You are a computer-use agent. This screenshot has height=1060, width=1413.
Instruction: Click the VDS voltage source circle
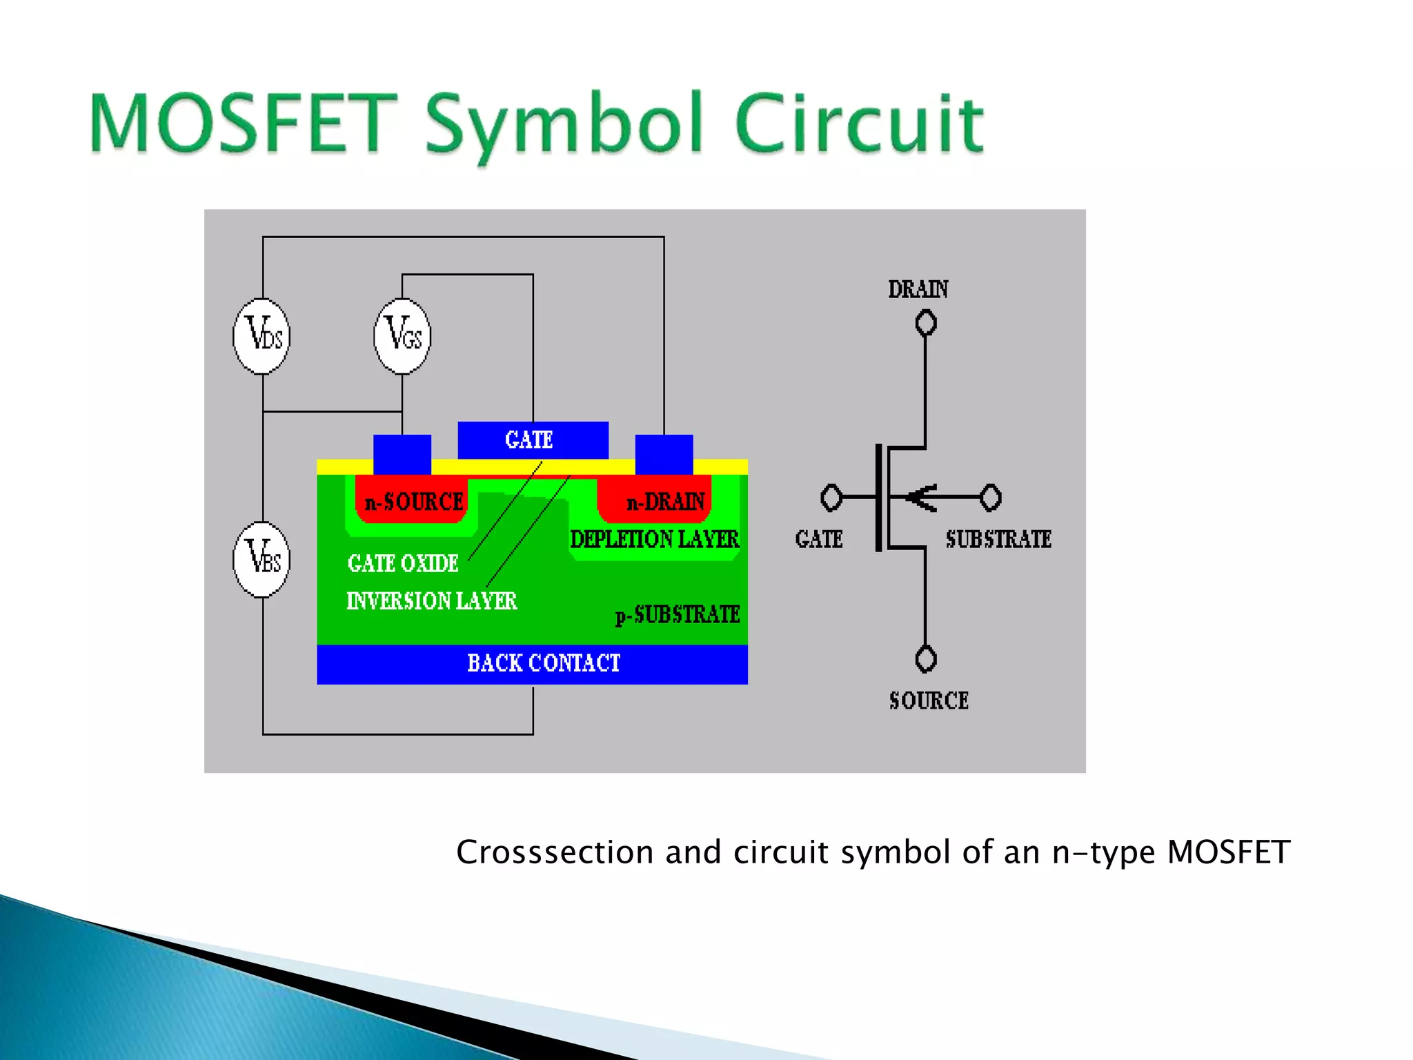pyautogui.click(x=262, y=336)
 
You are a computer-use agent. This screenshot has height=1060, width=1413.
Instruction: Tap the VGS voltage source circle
pyautogui.click(x=402, y=336)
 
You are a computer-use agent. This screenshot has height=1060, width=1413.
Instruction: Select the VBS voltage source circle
pyautogui.click(x=262, y=559)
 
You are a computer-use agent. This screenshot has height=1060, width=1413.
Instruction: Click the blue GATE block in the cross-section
pyautogui.click(x=533, y=440)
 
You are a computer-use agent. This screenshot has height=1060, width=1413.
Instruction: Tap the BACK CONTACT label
pyautogui.click(x=544, y=663)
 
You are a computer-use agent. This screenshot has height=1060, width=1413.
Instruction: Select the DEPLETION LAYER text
pyautogui.click(x=654, y=539)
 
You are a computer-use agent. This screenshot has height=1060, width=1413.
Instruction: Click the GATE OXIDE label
pyautogui.click(x=403, y=564)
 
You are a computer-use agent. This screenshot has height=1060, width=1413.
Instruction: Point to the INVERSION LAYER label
pyautogui.click(x=431, y=601)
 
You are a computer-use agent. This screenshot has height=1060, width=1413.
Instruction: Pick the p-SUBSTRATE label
pyautogui.click(x=678, y=614)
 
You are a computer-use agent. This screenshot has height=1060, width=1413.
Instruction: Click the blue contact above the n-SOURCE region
pyautogui.click(x=402, y=453)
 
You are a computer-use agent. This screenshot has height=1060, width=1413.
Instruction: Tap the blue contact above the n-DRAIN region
pyautogui.click(x=664, y=453)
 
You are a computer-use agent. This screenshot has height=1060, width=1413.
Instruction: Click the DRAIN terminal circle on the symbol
pyautogui.click(x=925, y=323)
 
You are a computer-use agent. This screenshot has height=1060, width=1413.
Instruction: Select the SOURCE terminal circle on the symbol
pyautogui.click(x=925, y=658)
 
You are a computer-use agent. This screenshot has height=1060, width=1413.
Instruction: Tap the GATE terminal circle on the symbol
pyautogui.click(x=831, y=497)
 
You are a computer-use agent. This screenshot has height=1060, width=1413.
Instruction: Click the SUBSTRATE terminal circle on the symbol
pyautogui.click(x=991, y=497)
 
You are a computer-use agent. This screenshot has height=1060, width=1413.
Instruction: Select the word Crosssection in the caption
pyautogui.click(x=555, y=852)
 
